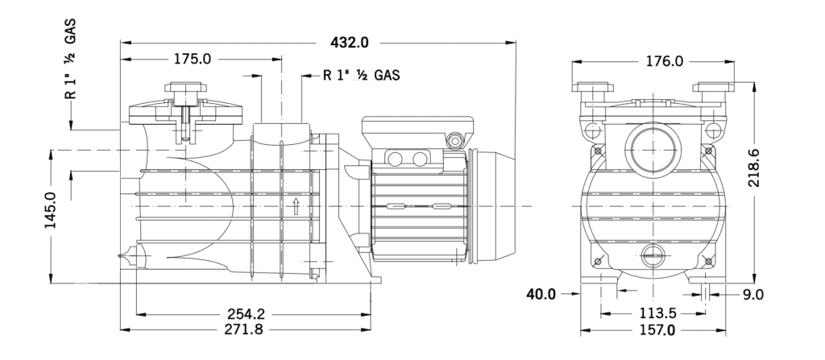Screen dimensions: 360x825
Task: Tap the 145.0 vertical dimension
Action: tap(50, 212)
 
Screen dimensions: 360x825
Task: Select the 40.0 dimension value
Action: tap(541, 295)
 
